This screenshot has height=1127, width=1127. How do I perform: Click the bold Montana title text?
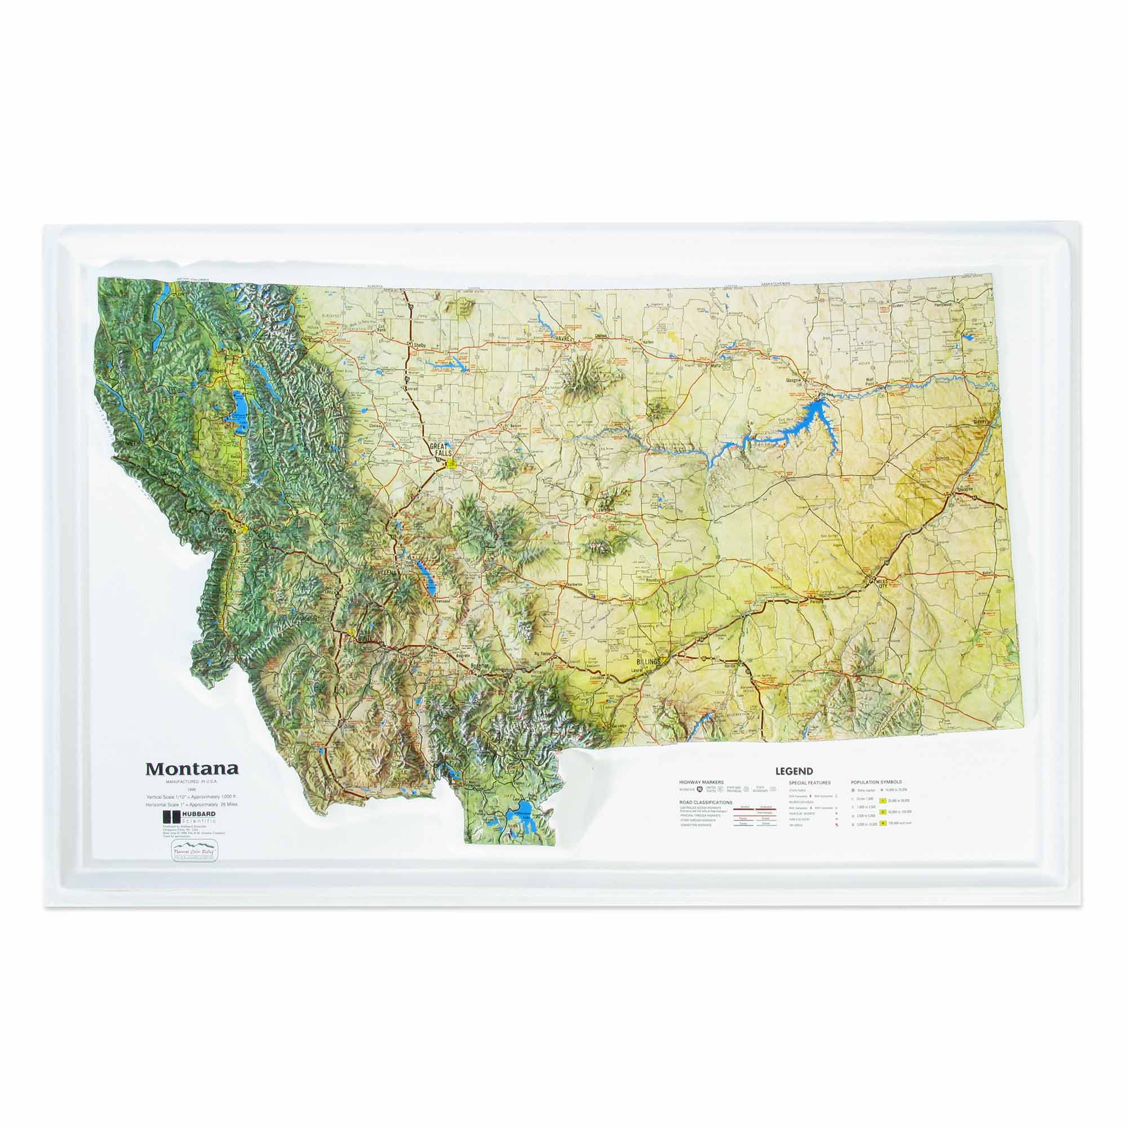(x=192, y=768)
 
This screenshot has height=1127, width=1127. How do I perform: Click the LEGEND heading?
(x=794, y=770)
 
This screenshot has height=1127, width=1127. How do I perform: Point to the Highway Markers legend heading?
(x=701, y=782)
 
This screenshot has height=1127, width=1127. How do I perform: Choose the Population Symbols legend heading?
(x=876, y=782)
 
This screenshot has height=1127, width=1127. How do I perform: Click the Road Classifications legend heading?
(x=706, y=802)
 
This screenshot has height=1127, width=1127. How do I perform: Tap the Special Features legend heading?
(x=810, y=782)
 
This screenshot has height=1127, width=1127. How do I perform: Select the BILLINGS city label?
(x=649, y=662)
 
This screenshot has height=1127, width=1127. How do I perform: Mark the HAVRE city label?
(x=562, y=338)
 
